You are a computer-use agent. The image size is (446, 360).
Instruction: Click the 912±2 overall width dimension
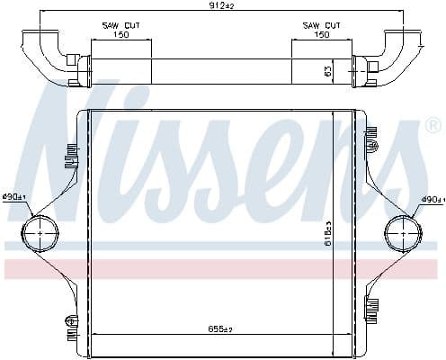221,5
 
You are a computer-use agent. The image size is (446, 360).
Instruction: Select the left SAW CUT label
121,25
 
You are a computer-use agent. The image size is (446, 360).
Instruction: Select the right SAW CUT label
321,25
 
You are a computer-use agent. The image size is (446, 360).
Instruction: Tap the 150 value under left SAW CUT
121,34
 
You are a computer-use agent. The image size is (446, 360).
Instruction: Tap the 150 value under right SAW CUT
321,34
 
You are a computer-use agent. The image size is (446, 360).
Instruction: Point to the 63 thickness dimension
328,71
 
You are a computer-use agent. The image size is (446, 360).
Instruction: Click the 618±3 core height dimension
328,234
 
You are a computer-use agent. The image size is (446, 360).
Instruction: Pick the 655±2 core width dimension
220,329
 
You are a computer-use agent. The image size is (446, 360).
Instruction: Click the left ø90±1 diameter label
14,197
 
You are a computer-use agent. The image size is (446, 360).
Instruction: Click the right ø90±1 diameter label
433,199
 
